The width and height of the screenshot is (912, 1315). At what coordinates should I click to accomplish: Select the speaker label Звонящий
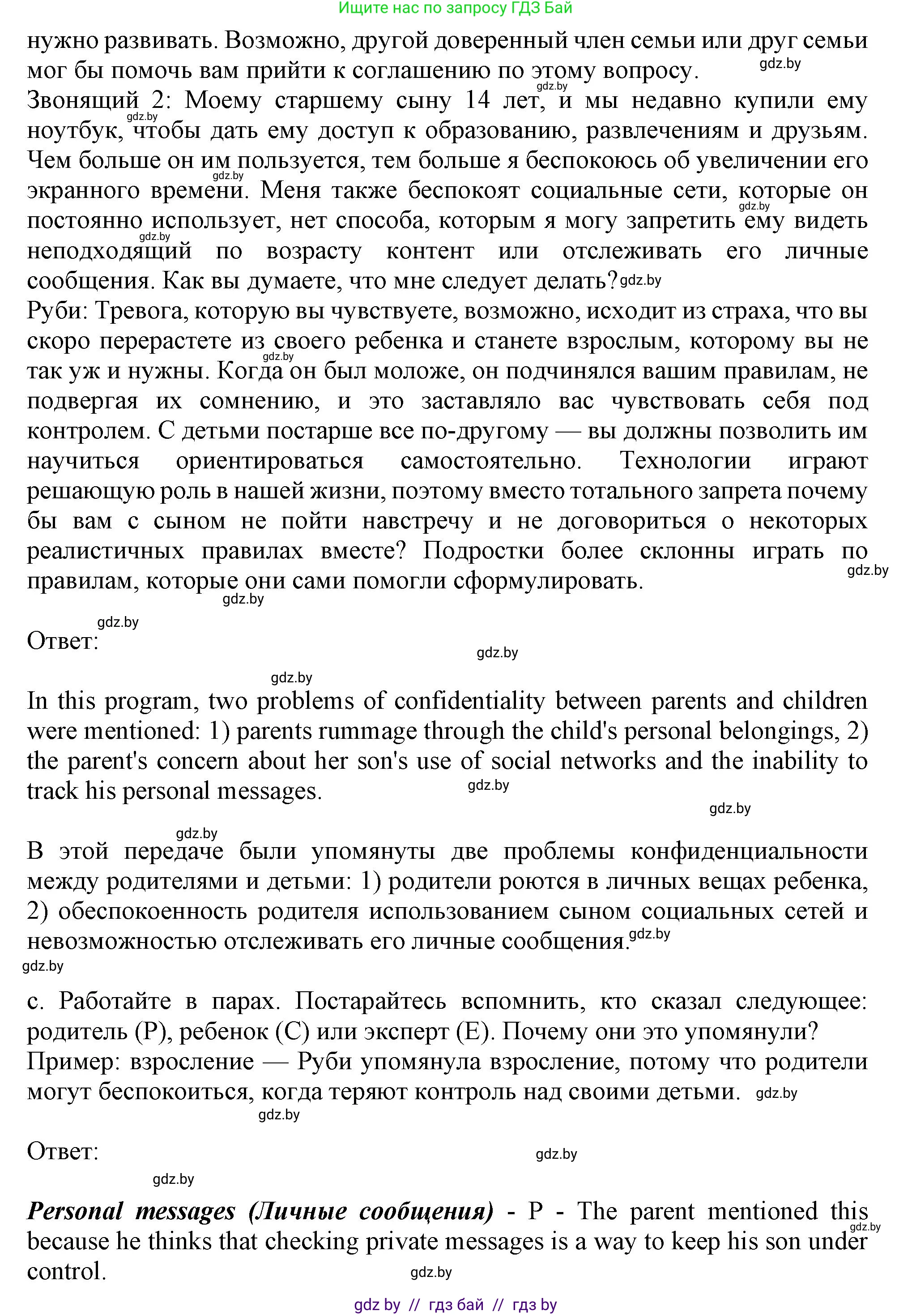(x=83, y=101)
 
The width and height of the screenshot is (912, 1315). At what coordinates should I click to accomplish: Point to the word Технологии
(x=685, y=461)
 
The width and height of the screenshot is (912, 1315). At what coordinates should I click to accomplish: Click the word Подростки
(x=483, y=551)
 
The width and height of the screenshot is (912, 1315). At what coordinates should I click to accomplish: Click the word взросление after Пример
(x=192, y=1062)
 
